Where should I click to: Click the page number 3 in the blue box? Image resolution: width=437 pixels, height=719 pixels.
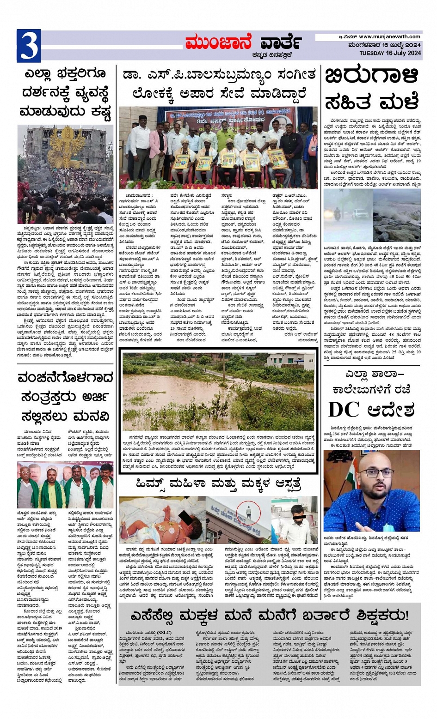pos(28,46)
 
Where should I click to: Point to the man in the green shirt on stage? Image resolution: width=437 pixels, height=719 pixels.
pos(226,139)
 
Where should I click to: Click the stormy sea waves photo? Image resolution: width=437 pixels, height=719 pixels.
pos(397,210)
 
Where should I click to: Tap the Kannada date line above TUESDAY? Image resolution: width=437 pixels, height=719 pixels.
pos(385,45)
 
